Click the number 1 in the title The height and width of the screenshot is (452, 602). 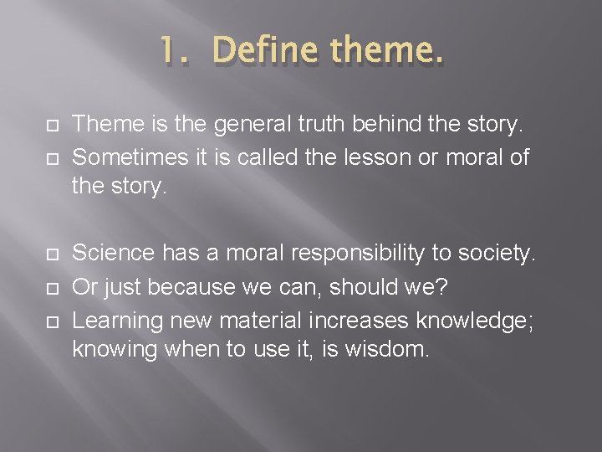point(166,51)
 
